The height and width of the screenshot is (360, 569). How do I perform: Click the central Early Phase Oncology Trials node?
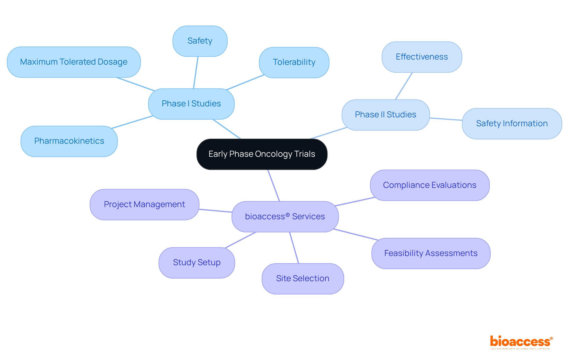click(262, 154)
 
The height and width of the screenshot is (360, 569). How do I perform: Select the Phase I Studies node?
click(191, 104)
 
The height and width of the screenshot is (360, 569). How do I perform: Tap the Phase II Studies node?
click(385, 115)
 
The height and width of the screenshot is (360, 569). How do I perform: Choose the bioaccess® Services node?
click(285, 217)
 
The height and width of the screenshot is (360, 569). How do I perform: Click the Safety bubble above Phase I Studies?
click(200, 41)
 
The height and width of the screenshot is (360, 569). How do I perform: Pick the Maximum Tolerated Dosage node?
click(73, 62)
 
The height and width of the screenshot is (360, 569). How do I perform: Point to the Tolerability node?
click(294, 62)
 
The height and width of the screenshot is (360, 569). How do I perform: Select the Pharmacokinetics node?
click(69, 141)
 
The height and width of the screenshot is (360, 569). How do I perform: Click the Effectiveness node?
click(421, 57)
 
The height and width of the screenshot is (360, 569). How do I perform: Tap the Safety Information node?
click(512, 124)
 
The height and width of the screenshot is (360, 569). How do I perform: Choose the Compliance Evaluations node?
click(429, 185)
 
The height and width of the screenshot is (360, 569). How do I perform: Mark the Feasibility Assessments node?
click(431, 253)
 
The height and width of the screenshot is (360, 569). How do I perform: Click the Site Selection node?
click(303, 279)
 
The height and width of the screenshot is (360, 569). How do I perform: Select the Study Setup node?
click(196, 263)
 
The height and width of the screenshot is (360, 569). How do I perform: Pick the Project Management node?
click(144, 204)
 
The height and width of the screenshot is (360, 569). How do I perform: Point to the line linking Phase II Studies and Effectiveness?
click(404, 86)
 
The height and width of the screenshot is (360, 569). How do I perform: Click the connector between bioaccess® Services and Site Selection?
click(294, 248)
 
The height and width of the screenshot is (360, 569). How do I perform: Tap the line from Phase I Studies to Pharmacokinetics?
click(132, 122)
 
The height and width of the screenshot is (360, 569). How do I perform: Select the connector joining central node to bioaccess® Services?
click(274, 185)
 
